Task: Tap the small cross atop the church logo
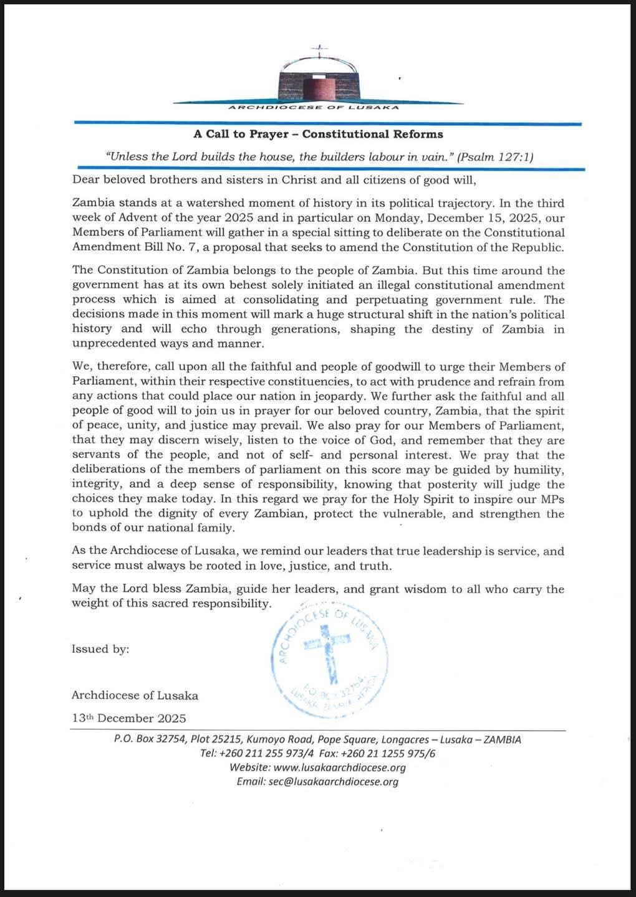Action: coord(319,49)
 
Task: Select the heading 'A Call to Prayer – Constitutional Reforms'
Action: coord(318,134)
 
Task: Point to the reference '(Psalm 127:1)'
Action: coord(495,157)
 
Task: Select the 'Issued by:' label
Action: coord(100,649)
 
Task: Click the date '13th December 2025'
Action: coord(129,718)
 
